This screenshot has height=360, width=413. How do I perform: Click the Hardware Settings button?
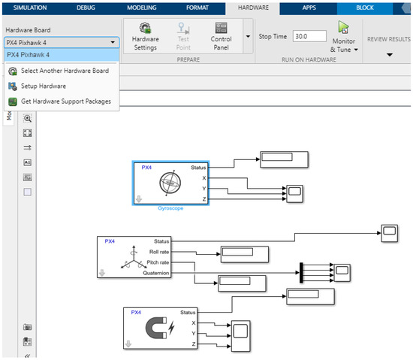point(144,36)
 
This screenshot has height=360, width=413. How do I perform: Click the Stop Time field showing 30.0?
point(309,35)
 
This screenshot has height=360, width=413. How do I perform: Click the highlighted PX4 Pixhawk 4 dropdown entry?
point(60,55)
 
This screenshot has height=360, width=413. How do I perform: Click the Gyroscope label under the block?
point(170,208)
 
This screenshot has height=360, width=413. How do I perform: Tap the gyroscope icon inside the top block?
point(170,183)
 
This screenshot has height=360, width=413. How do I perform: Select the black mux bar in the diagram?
point(300,272)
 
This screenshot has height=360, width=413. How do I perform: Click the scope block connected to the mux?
point(342,271)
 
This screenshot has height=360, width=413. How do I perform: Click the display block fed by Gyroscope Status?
point(284,158)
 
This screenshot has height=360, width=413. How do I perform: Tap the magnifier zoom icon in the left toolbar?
point(28,118)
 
